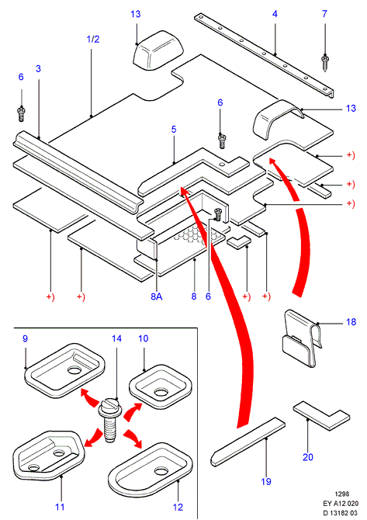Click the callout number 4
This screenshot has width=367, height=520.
click(x=275, y=14)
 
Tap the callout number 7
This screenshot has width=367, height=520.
click(x=324, y=14)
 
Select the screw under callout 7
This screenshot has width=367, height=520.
click(x=324, y=64)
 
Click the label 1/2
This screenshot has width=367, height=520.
click(x=93, y=39)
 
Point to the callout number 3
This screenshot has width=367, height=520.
click(x=38, y=68)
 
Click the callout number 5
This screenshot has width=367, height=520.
click(x=174, y=130)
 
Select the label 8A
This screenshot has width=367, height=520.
click(x=157, y=296)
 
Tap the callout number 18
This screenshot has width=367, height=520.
click(x=351, y=321)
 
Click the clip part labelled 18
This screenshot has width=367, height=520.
click(x=302, y=338)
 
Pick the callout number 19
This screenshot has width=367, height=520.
click(x=266, y=481)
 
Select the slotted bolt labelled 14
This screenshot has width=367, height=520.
click(x=109, y=420)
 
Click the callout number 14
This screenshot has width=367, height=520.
click(x=116, y=338)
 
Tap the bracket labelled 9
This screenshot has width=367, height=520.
click(x=65, y=370)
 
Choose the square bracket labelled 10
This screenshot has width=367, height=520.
click(x=161, y=387)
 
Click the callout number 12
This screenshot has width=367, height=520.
click(x=178, y=507)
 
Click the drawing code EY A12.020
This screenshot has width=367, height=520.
click(x=341, y=504)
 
